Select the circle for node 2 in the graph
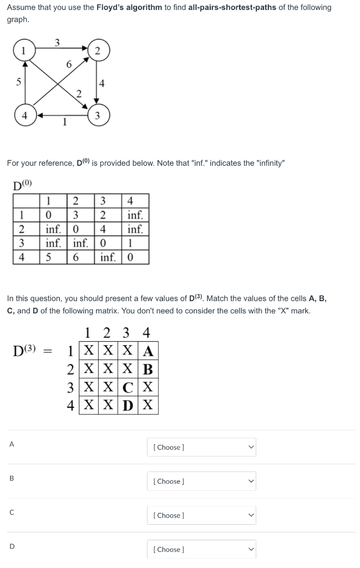(x=98, y=51)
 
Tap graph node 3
(x=98, y=116)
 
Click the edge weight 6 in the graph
(x=68, y=64)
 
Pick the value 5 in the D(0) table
(x=49, y=257)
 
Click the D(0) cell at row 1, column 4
(x=135, y=215)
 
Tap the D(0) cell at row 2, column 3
(x=106, y=229)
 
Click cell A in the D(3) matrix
(x=148, y=351)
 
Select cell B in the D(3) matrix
(x=148, y=368)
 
